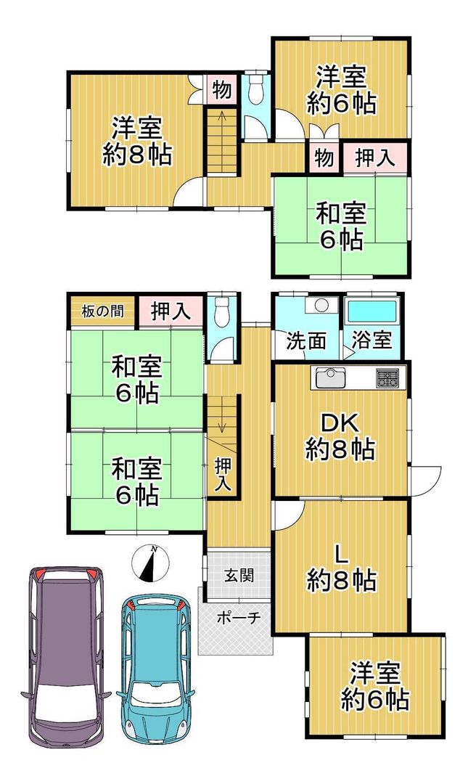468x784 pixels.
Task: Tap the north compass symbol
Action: pos(150,563)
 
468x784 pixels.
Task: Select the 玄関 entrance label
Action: pos(239,575)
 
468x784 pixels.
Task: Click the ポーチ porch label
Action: pos(239,618)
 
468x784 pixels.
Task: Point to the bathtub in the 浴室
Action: pos(372,311)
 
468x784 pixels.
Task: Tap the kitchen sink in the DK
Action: pos(328,377)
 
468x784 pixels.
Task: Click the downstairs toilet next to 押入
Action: pos(221,311)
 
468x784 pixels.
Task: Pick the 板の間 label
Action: pos(102,311)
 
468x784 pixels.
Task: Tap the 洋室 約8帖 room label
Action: pos(136,142)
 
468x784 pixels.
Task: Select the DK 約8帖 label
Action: pos(340,437)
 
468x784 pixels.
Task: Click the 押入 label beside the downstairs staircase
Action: pos(223,474)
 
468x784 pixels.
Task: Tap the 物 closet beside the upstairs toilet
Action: pos(221,90)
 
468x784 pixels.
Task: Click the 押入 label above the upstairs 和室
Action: pos(375,158)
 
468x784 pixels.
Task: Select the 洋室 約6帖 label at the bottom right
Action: pos(375,686)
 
